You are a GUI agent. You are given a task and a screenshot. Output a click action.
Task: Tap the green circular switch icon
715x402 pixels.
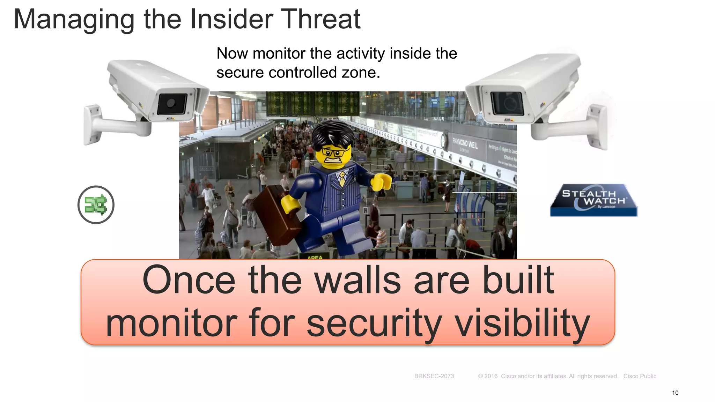pos(96,205)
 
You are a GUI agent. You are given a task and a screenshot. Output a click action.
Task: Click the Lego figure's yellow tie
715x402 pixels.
pos(342,178)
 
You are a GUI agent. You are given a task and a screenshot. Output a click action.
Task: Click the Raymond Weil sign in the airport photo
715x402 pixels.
pos(465,143)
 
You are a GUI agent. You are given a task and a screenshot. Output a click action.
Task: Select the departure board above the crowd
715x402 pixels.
pos(312,104)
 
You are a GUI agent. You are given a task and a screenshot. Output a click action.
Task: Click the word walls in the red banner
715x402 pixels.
pos(358,281)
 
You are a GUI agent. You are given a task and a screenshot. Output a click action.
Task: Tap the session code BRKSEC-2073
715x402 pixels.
pos(434,376)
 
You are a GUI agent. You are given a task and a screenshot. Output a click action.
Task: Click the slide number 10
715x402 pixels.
pos(675,393)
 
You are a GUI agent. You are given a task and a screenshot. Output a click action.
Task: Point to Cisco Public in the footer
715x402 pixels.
pos(640,376)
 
